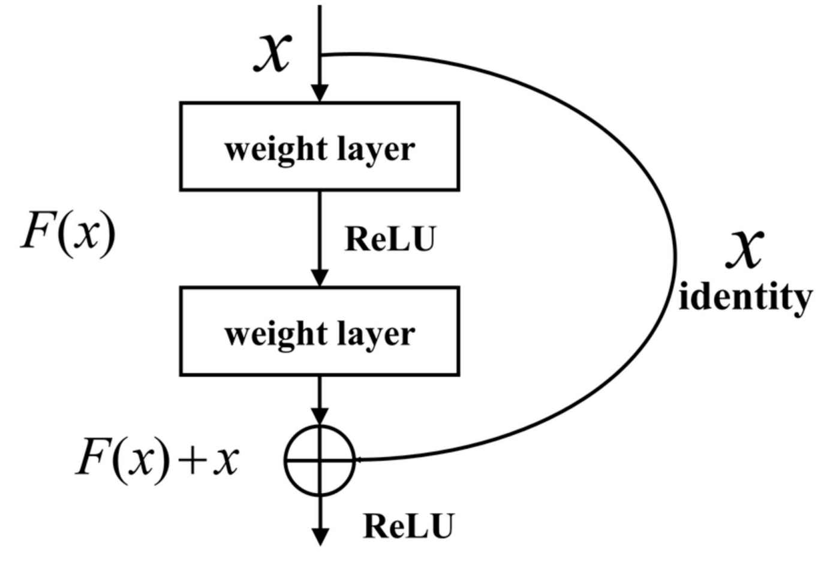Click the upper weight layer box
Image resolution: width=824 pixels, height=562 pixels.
click(320, 147)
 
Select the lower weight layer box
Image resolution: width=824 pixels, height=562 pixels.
click(320, 331)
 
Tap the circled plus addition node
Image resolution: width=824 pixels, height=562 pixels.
click(320, 460)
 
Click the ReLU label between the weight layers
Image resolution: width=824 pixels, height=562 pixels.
click(390, 239)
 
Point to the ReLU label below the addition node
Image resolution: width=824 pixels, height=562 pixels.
click(408, 527)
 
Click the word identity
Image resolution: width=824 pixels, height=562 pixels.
click(745, 297)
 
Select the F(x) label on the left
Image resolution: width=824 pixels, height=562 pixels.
click(68, 232)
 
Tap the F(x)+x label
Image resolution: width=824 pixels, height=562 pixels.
click(157, 460)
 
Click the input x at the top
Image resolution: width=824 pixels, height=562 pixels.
click(273, 53)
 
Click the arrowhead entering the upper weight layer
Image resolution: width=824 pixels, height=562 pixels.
click(320, 93)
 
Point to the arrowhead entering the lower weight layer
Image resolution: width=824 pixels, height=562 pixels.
click(320, 278)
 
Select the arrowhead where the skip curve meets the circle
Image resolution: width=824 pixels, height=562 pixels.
click(359, 460)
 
